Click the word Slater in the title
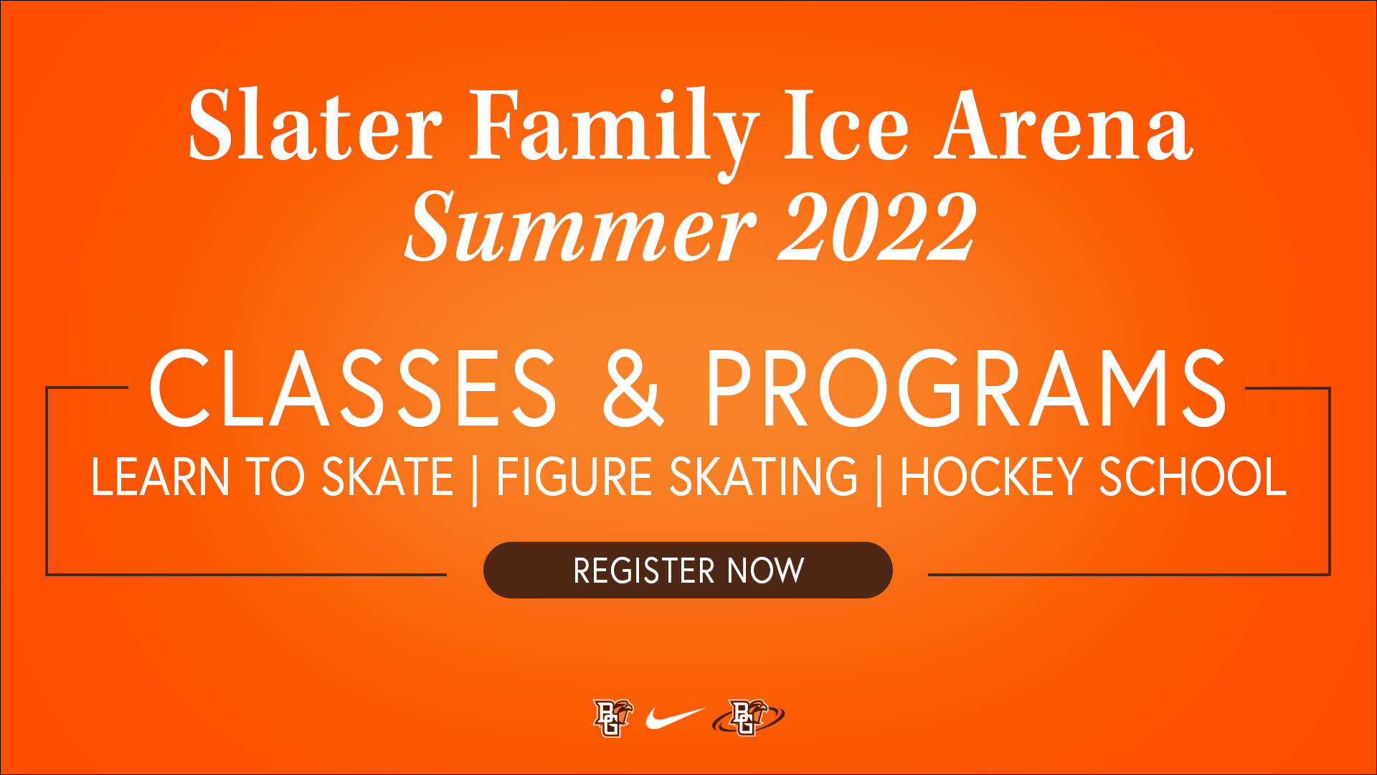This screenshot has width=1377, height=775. point(315,125)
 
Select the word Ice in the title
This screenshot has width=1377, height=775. point(846,125)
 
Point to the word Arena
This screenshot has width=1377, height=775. point(1064,125)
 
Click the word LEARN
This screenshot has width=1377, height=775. point(160,477)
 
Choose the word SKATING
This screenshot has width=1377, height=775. point(764,477)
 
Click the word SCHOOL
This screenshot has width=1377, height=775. point(1193,477)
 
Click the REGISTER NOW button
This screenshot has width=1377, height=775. point(688,570)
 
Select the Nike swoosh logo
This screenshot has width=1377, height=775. point(675,718)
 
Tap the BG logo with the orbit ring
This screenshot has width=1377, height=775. point(748,718)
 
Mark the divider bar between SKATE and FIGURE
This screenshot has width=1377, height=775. point(475,480)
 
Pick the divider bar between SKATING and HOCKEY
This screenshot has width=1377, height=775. point(879,480)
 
